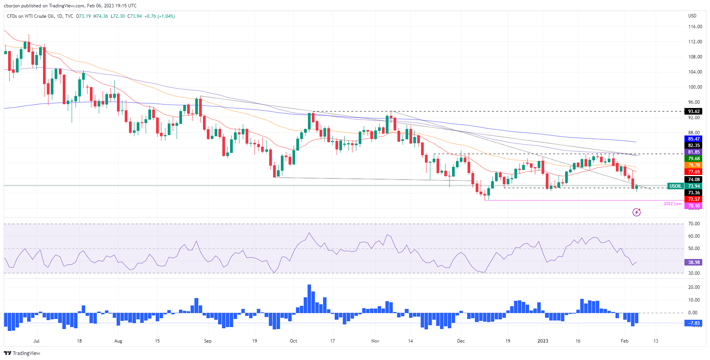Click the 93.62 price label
click(x=694, y=111)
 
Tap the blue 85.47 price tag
click(x=694, y=139)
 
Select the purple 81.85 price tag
click(x=694, y=152)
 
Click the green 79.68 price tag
click(x=694, y=159)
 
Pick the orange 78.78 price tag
click(x=694, y=165)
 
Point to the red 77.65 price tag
click(x=694, y=172)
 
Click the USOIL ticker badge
click(x=676, y=186)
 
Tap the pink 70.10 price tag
click(x=694, y=206)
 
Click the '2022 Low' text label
click(x=672, y=204)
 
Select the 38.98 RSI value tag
click(x=694, y=262)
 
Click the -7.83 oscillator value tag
click(x=694, y=323)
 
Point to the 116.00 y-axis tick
click(x=695, y=27)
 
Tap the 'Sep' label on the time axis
click(x=208, y=341)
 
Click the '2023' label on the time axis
click(x=543, y=341)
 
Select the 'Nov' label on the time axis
click(x=375, y=341)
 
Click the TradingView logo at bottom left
click(x=22, y=353)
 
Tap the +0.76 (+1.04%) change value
click(x=160, y=16)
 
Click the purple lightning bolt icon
click(x=636, y=212)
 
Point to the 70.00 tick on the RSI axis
click(x=694, y=224)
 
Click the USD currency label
click(x=692, y=16)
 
